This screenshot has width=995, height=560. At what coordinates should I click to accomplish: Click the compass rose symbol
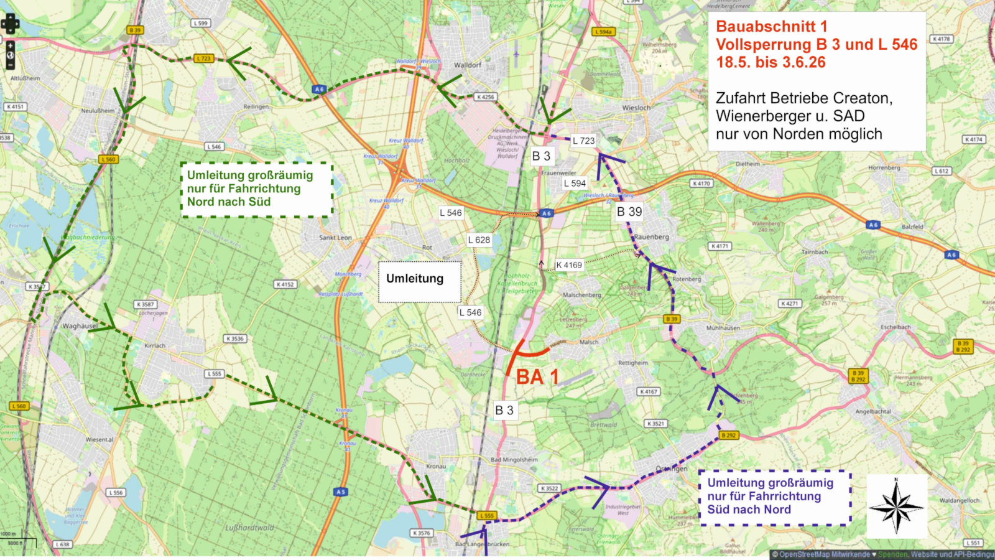896,506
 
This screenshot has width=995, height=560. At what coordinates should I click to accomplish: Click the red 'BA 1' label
537,377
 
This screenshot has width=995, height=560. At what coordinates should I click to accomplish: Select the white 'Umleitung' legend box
420,281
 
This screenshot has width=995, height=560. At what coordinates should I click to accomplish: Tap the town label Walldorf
468,65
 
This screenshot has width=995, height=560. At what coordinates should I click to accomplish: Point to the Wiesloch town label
636,108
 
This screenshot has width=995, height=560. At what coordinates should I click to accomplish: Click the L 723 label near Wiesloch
583,141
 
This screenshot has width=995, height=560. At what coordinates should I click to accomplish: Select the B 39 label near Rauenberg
629,212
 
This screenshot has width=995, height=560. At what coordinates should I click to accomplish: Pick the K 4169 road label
569,265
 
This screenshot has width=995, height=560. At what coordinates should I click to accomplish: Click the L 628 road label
479,240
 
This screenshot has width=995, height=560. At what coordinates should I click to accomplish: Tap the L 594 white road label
575,183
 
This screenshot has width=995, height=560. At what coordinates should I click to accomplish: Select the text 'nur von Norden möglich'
798,134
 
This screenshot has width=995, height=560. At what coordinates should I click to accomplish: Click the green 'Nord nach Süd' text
229,202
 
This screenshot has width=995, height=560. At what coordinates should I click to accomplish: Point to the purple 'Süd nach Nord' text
749,510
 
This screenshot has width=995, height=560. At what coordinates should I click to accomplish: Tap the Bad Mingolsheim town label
514,460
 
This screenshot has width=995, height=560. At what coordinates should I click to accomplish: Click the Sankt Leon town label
335,238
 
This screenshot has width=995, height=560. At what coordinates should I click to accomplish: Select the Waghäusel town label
80,326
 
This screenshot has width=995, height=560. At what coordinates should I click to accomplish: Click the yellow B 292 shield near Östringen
728,436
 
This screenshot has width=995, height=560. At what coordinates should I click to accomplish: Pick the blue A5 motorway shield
340,492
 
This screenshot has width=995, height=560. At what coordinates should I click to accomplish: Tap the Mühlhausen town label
723,327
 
